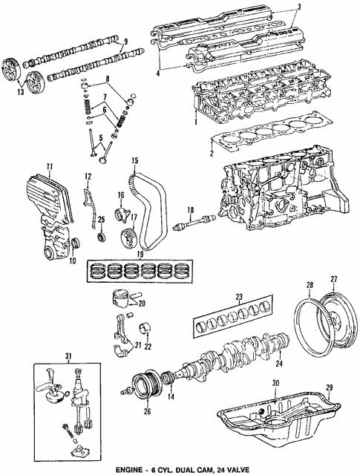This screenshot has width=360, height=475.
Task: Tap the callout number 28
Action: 310,285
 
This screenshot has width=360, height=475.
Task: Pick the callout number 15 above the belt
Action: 135,160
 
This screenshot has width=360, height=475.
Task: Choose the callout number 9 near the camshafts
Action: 126,41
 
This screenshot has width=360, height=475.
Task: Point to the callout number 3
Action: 299,7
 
